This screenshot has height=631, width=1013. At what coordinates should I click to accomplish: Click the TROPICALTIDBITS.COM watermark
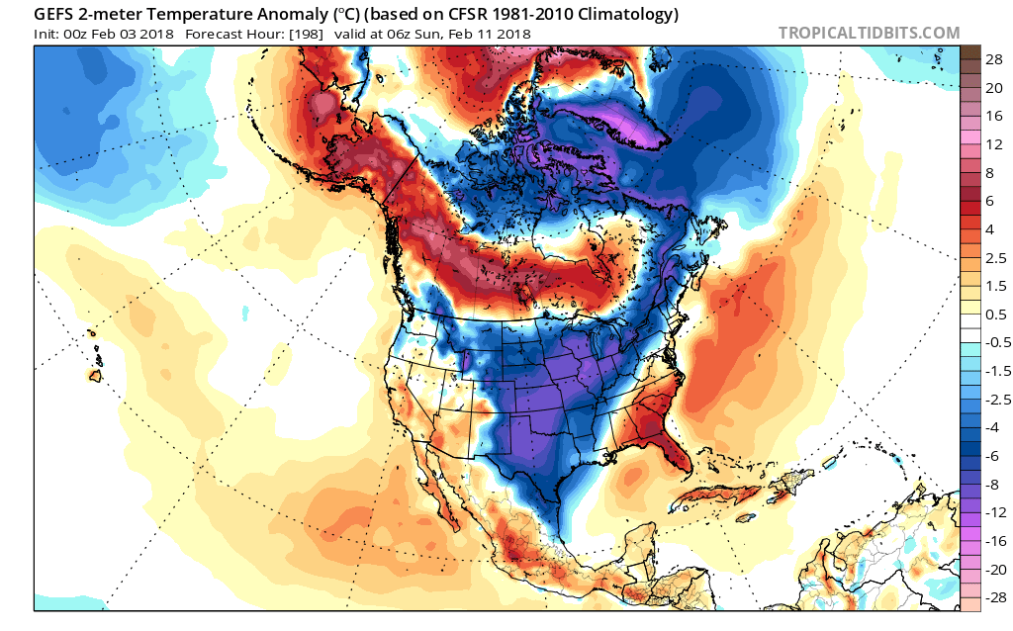tap(869, 33)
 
